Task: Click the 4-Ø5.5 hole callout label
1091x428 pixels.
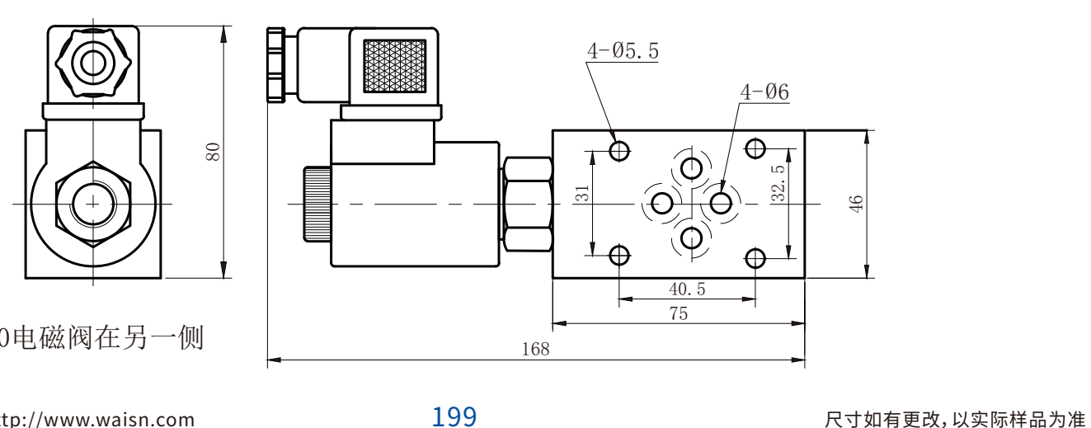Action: coord(623,50)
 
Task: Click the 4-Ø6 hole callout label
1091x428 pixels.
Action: coord(764,92)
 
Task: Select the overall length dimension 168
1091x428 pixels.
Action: coord(535,349)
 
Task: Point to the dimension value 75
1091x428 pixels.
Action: coord(679,313)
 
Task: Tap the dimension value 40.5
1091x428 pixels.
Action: coord(687,289)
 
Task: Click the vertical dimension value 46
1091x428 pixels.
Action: coord(856,204)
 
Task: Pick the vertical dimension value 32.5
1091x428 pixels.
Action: coord(778,183)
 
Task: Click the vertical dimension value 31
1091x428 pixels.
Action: coord(582,193)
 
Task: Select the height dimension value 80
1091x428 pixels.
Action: coord(213,152)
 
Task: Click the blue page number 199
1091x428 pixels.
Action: coord(454,416)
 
